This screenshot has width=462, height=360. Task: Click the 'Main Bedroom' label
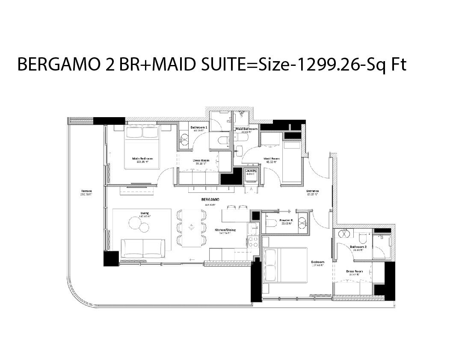tap(142, 158)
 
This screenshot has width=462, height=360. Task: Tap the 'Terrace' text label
tap(87, 191)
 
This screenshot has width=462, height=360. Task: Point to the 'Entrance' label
tap(313, 191)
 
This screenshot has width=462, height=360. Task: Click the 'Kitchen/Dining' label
tap(225, 230)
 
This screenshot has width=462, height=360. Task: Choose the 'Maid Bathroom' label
tap(246, 129)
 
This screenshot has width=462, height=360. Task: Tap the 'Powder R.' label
tap(286, 220)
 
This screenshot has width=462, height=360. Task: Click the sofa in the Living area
tap(143, 248)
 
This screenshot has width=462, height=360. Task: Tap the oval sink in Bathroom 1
tap(184, 139)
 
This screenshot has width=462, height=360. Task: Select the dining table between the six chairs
tap(191, 228)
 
